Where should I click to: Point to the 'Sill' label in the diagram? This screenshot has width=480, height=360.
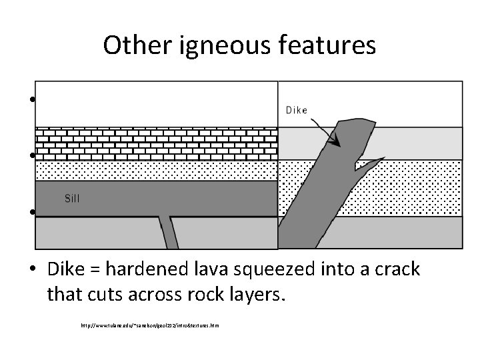[x=74, y=198]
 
